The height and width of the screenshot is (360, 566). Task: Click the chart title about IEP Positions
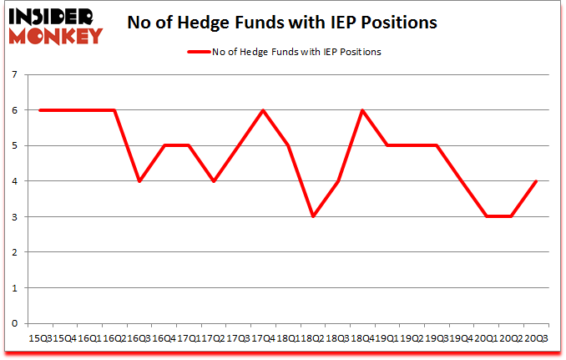pyautogui.click(x=282, y=23)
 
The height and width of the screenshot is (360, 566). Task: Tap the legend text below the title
pyautogui.click(x=296, y=52)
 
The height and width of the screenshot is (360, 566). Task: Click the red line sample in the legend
pyautogui.click(x=198, y=52)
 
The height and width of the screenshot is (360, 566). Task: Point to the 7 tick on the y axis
pyautogui.click(x=15, y=74)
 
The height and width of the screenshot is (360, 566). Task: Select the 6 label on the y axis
pyautogui.click(x=15, y=110)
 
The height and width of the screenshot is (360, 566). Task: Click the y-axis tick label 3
pyautogui.click(x=15, y=217)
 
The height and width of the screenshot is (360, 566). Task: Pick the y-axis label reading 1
pyautogui.click(x=15, y=288)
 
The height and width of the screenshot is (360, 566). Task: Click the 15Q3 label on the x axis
pyautogui.click(x=40, y=338)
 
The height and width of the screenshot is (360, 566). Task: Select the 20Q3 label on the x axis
pyautogui.click(x=536, y=338)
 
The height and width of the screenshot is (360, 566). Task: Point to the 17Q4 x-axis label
pyautogui.click(x=263, y=338)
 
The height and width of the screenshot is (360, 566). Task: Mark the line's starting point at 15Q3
pyautogui.click(x=39, y=110)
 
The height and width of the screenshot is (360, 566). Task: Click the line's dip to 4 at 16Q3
pyautogui.click(x=139, y=181)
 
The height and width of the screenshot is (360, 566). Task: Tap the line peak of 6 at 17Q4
pyautogui.click(x=263, y=110)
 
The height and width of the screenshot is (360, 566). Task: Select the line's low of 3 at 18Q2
pyautogui.click(x=312, y=216)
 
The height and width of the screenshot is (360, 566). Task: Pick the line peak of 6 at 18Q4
pyautogui.click(x=361, y=110)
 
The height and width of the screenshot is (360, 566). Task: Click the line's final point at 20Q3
pyautogui.click(x=535, y=181)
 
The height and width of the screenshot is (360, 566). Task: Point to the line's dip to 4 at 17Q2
pyautogui.click(x=213, y=181)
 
